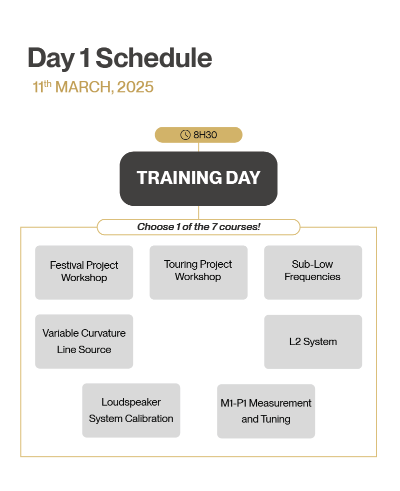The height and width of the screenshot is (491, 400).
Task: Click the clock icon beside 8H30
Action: (185, 135)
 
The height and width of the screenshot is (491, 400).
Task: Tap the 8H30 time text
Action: (205, 135)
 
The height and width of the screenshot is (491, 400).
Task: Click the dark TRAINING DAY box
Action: (198, 178)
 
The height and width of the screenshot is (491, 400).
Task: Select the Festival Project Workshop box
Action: (84, 272)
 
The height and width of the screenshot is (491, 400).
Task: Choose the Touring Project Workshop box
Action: (198, 272)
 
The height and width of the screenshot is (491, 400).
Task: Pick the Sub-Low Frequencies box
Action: (313, 272)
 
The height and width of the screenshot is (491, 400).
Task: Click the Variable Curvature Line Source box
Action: (84, 341)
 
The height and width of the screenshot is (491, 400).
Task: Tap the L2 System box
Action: (313, 342)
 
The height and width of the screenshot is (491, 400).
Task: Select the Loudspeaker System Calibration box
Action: (131, 410)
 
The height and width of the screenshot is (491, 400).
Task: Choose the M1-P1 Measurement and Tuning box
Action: (266, 411)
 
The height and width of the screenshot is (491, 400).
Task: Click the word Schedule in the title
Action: (153, 58)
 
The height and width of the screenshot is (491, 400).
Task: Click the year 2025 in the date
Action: (135, 87)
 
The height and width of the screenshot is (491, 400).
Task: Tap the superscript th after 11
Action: (47, 84)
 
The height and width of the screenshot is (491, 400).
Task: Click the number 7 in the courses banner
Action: (214, 227)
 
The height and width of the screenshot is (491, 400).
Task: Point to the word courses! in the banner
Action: (239, 227)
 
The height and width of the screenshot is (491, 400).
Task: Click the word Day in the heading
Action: (51, 58)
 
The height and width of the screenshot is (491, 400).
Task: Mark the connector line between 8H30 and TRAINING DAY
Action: (198, 147)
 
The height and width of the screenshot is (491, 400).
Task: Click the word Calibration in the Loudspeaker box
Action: (149, 419)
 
